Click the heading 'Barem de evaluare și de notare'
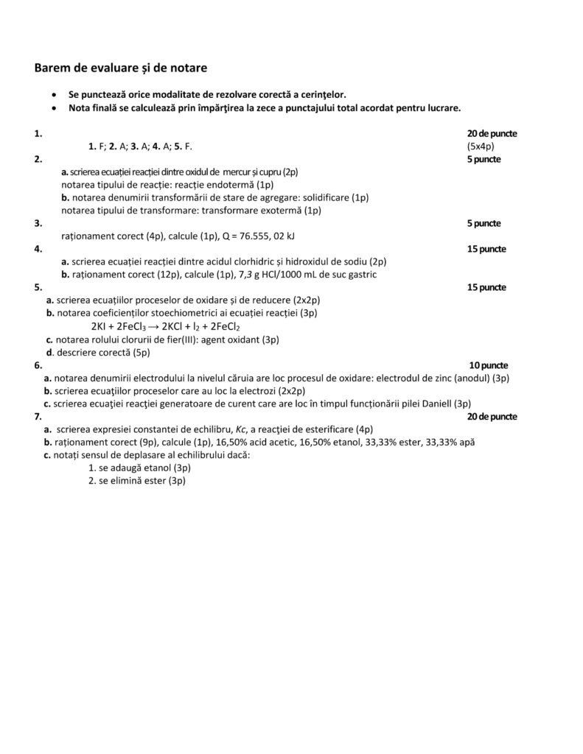pos(121,68)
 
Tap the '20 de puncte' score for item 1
pos(492,133)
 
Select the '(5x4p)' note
pos(481,146)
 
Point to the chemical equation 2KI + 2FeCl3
pos(166,327)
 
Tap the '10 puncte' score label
pos(488,365)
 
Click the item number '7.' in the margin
pos(38,417)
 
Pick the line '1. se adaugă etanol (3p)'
pos(139,468)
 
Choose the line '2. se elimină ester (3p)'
pos(137,480)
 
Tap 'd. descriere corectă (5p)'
pos(98,352)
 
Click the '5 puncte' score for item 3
pos(484,222)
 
